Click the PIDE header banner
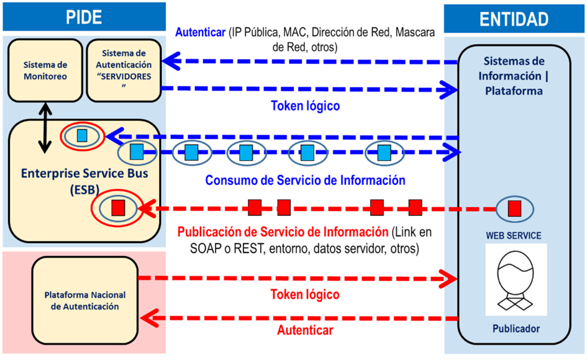coord(84,17)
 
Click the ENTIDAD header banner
coord(514,19)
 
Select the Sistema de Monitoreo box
coord(45,71)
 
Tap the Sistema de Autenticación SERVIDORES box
coord(123,70)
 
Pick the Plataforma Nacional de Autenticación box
coord(85,301)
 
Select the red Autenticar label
coord(306,330)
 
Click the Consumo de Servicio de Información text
coord(305,181)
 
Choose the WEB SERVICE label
coord(514,236)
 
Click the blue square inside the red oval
coord(82,135)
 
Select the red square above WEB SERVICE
coord(514,209)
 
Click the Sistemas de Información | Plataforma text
coord(514,76)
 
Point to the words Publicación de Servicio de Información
coord(283,233)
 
